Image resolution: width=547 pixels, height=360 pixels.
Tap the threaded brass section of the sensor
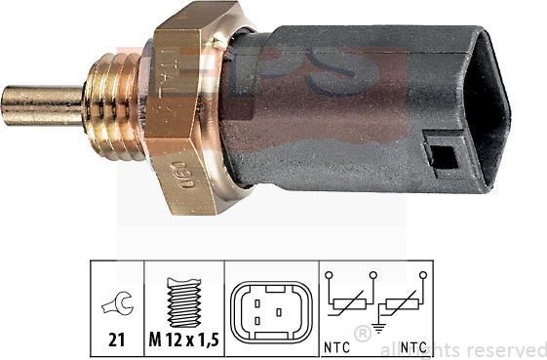111,101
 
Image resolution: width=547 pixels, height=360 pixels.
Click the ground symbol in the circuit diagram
377,329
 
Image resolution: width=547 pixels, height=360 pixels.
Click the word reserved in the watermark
507,349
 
